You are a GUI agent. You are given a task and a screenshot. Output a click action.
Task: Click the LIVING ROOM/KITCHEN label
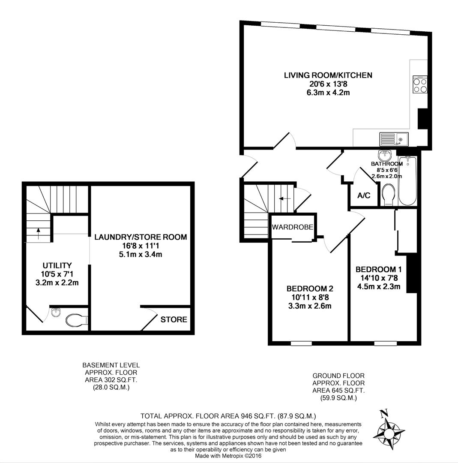[328, 75]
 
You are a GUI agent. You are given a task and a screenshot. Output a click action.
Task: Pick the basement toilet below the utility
[76, 320]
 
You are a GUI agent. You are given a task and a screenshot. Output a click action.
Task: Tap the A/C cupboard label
[363, 196]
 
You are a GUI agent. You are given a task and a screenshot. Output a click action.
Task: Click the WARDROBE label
[293, 227]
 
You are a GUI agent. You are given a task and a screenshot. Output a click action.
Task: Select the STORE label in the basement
[174, 319]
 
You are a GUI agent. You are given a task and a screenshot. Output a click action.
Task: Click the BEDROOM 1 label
[378, 270]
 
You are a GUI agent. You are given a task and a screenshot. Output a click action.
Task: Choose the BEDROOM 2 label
[310, 289]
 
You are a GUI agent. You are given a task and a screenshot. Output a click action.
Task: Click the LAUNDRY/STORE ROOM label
[141, 237]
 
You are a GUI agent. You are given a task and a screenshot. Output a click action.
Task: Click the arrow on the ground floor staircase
[283, 198]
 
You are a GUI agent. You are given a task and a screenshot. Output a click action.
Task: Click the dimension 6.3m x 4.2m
[328, 93]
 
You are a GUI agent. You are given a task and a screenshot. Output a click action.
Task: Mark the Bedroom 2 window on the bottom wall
[301, 343]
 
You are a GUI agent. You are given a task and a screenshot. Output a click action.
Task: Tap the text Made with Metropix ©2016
[228, 456]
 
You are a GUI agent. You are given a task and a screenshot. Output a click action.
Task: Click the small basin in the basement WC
[54, 313]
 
